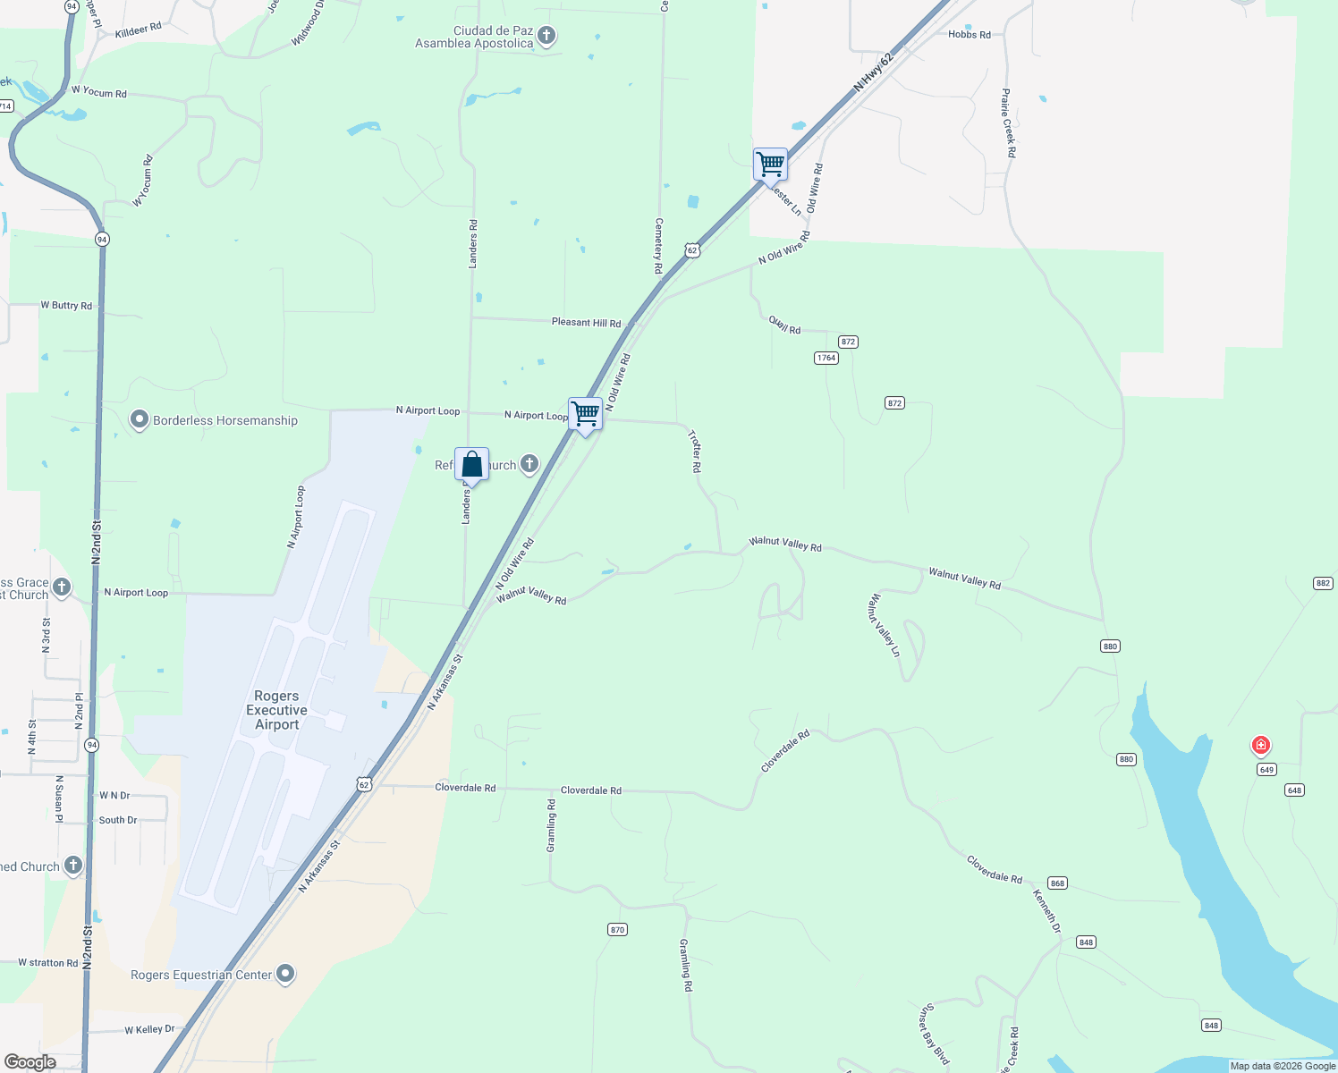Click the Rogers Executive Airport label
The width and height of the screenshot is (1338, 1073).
276,710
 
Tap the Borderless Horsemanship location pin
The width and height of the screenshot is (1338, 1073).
139,420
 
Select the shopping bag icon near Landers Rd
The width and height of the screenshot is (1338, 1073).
471,464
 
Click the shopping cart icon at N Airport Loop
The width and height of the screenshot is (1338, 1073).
585,415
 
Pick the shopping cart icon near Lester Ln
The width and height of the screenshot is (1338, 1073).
770,165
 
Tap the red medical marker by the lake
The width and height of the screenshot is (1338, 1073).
1261,745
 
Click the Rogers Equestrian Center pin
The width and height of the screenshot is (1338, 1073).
285,974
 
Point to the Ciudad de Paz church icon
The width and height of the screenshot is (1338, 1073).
546,37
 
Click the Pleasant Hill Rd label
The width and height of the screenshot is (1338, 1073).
586,323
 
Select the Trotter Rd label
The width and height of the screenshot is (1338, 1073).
695,451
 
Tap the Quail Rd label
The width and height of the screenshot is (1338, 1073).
784,325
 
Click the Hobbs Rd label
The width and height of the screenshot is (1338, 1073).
969,35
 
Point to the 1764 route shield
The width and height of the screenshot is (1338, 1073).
826,358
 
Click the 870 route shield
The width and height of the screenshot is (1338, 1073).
617,930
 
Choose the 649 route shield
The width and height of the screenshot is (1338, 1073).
1266,770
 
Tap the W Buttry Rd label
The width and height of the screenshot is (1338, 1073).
66,306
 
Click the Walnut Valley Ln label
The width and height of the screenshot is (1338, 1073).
883,625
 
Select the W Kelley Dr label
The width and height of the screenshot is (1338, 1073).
149,1030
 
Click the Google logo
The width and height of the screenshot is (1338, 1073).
30,1062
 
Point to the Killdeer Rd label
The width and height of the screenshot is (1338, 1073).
139,30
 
